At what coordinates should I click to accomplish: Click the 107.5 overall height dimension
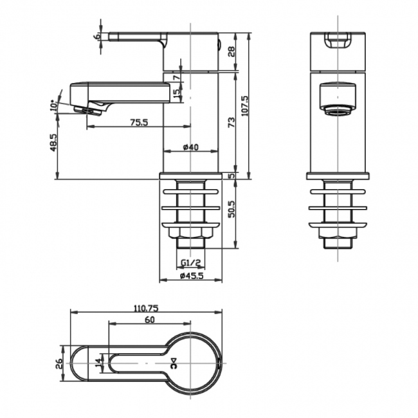(x=245, y=102)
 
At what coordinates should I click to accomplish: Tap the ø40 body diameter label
(x=190, y=147)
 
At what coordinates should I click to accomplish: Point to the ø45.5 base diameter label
(x=191, y=276)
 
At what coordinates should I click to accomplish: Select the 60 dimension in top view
(x=150, y=320)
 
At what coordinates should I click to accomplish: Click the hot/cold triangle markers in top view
(x=172, y=363)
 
